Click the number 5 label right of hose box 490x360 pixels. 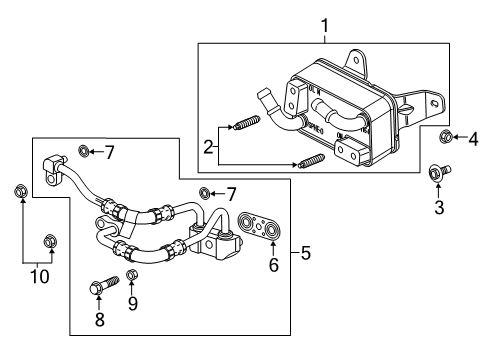point(306,253)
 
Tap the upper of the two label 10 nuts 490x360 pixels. point(20,190)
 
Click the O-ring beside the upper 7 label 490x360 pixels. point(83,151)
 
